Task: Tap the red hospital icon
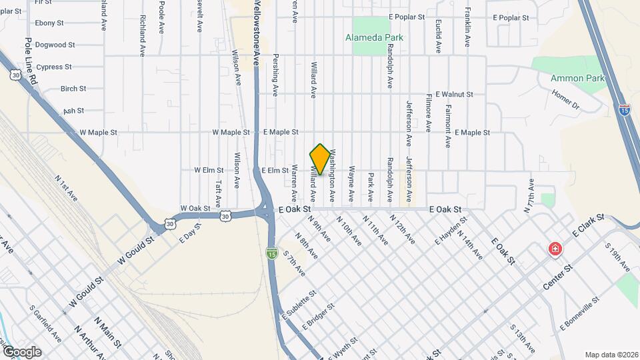[554, 249]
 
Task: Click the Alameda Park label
[374, 37]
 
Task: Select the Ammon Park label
[577, 78]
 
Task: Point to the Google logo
[22, 351]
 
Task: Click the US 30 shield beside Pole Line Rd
[15, 75]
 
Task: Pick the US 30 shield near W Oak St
[227, 216]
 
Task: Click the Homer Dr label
[566, 100]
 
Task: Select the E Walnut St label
[454, 95]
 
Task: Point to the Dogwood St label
[55, 45]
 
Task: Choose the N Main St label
[107, 333]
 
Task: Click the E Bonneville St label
[581, 312]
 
